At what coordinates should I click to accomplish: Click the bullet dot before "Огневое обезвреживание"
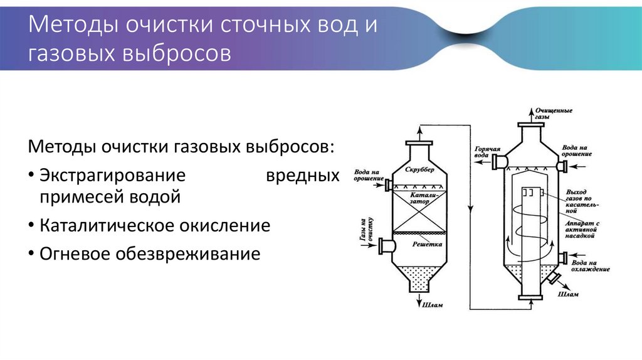pos(31,254)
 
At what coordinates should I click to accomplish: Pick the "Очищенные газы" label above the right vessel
pos(553,114)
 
